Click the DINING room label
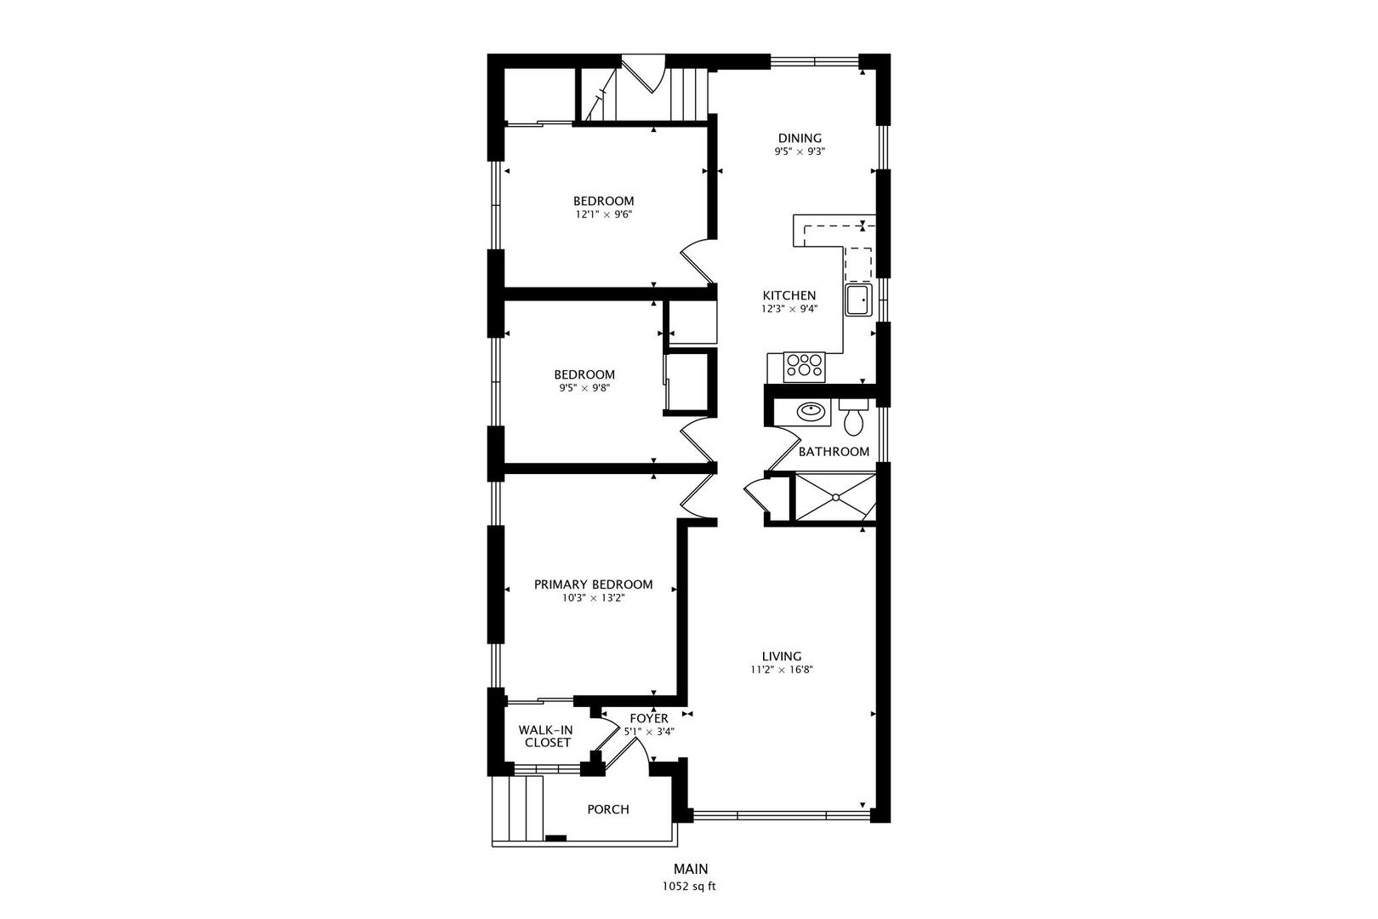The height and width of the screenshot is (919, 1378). coord(799,138)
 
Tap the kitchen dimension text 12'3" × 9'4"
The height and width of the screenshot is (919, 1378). coord(789,309)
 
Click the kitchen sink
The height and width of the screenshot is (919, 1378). coord(858,300)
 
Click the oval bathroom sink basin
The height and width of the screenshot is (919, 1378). coord(811,410)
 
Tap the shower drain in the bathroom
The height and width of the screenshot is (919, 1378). coord(836,496)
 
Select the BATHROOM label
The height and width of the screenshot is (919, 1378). coord(834,451)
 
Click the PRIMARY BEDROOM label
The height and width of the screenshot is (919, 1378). coord(593,584)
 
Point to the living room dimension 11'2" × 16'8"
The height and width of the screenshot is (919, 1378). coord(781,670)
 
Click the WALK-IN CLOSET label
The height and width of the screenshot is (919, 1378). coord(545,735)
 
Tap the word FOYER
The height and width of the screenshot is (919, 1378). coord(649,718)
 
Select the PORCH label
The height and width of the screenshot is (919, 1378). coord(608,809)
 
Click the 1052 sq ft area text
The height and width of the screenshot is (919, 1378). coord(689,887)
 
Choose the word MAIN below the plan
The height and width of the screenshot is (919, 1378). coord(691,869)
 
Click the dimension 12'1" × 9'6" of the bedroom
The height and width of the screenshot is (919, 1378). coord(603,214)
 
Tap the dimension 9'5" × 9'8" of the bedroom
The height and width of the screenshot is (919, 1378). coord(584,388)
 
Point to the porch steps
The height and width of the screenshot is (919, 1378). coord(517,809)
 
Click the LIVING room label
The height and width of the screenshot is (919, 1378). coord(781,656)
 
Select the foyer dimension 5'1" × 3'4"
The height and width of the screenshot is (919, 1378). coord(649,732)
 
